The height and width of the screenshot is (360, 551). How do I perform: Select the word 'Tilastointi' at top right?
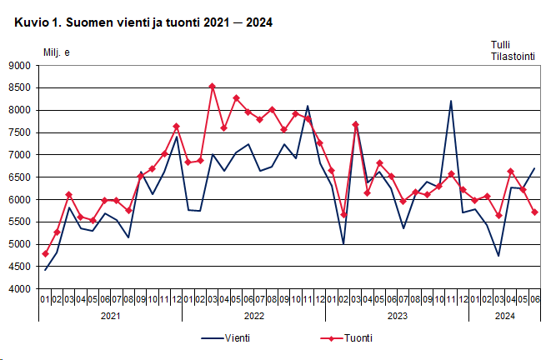[x=512, y=57]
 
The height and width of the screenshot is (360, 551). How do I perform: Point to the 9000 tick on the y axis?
[x=19, y=66]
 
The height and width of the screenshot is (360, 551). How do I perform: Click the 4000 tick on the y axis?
[x=19, y=289]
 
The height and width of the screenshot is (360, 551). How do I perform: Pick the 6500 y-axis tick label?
[x=19, y=177]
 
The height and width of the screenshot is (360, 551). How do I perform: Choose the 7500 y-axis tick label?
[x=19, y=132]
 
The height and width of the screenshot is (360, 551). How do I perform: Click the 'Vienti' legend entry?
[x=237, y=338]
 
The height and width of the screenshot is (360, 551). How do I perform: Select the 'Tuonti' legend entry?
[x=358, y=338]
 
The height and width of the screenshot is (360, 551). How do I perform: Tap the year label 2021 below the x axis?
[x=110, y=317]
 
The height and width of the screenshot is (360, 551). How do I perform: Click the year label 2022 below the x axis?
[x=253, y=317]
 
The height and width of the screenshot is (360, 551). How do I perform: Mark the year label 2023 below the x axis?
[x=397, y=317]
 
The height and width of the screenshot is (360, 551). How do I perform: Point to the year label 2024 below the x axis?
[x=504, y=317]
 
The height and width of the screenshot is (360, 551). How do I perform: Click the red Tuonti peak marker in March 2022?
[x=213, y=86]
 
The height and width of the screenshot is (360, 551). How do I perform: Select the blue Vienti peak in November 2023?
[x=451, y=102]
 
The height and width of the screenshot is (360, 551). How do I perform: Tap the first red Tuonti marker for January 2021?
[x=45, y=253]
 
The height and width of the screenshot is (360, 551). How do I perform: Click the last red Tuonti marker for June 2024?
[x=534, y=212]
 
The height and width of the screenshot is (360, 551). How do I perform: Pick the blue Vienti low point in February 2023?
[x=343, y=244]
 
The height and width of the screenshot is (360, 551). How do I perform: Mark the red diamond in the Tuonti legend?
[x=331, y=338]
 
